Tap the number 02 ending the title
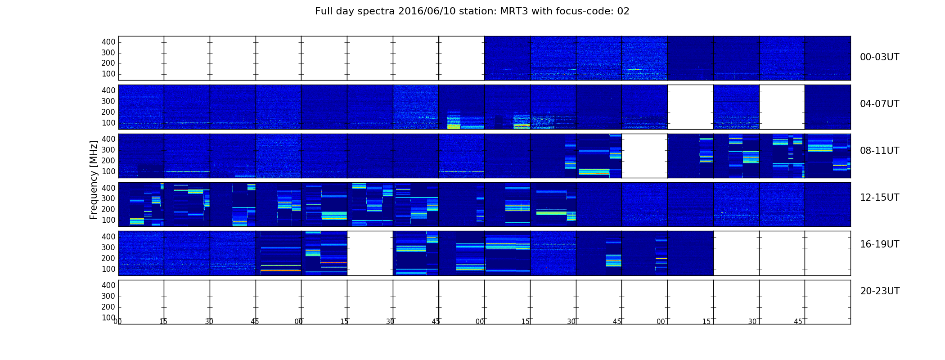pos(623,11)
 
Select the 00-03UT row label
pos(880,57)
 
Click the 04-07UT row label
pos(880,104)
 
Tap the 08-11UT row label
pos(880,151)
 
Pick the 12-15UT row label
pos(880,198)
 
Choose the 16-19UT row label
pos(880,244)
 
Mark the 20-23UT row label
pos(880,291)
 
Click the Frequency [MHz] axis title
pos(94,180)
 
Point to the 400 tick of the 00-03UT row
pos(108,42)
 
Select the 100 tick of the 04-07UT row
pos(108,123)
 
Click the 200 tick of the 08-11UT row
pos(108,161)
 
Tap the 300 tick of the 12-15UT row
pos(108,198)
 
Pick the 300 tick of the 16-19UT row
pos(108,247)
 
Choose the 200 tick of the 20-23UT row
pos(108,307)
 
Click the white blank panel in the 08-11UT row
pos(644,156)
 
